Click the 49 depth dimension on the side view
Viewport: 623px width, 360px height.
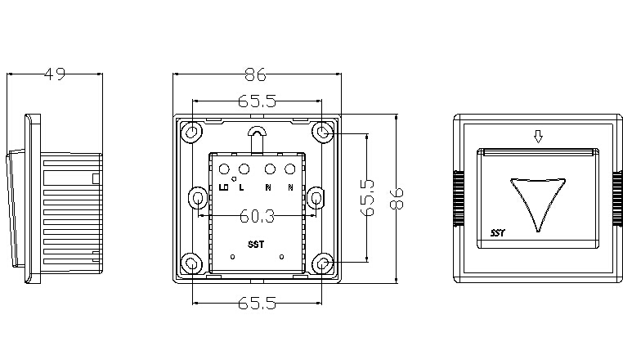tap(55, 74)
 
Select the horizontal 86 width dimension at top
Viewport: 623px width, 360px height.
tap(256, 74)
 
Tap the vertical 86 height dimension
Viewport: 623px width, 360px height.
tap(397, 199)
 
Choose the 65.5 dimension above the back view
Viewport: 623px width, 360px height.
tap(256, 101)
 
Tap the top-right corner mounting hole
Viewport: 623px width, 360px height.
tap(323, 132)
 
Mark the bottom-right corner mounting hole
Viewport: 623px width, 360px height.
tap(323, 263)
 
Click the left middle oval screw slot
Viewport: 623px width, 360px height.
tap(198, 198)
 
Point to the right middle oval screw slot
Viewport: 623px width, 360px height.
tap(317, 198)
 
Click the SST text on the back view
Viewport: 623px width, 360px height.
tap(256, 245)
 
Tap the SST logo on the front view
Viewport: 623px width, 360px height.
tap(498, 233)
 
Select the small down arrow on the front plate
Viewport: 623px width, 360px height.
tap(537, 137)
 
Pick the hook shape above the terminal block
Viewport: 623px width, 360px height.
tap(258, 136)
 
